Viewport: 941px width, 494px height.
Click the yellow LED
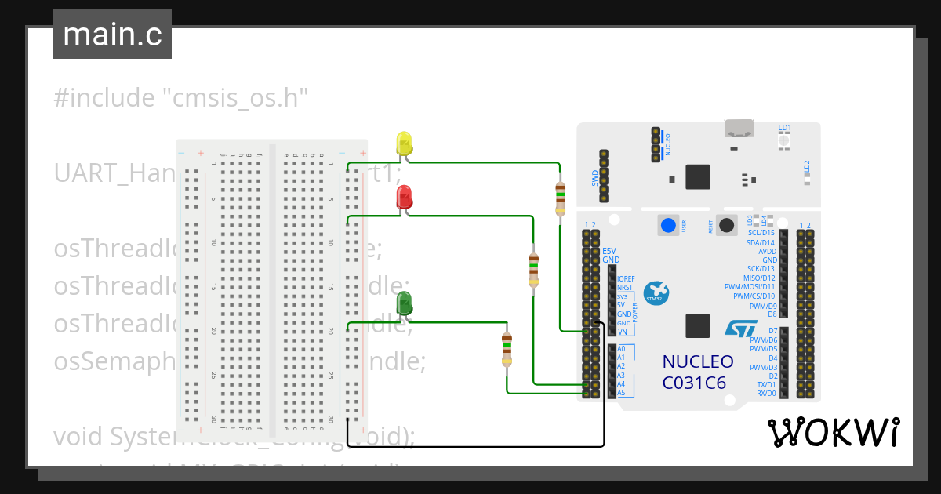click(404, 143)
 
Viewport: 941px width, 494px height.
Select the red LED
click(405, 198)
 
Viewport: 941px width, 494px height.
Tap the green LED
click(405, 303)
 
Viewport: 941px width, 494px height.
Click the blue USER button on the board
click(667, 226)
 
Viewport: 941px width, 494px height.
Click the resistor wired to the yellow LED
click(560, 198)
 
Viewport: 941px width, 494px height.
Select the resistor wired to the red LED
click(534, 271)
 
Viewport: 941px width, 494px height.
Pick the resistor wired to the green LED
click(507, 349)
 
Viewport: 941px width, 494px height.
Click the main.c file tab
click(112, 35)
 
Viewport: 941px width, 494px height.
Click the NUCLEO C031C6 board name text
click(698, 372)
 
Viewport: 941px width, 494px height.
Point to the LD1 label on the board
click(784, 128)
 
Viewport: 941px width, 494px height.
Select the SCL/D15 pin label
click(761, 233)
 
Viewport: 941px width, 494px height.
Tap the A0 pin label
click(621, 348)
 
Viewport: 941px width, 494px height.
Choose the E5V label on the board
click(609, 251)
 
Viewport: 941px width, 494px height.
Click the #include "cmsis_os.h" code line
click(180, 98)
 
